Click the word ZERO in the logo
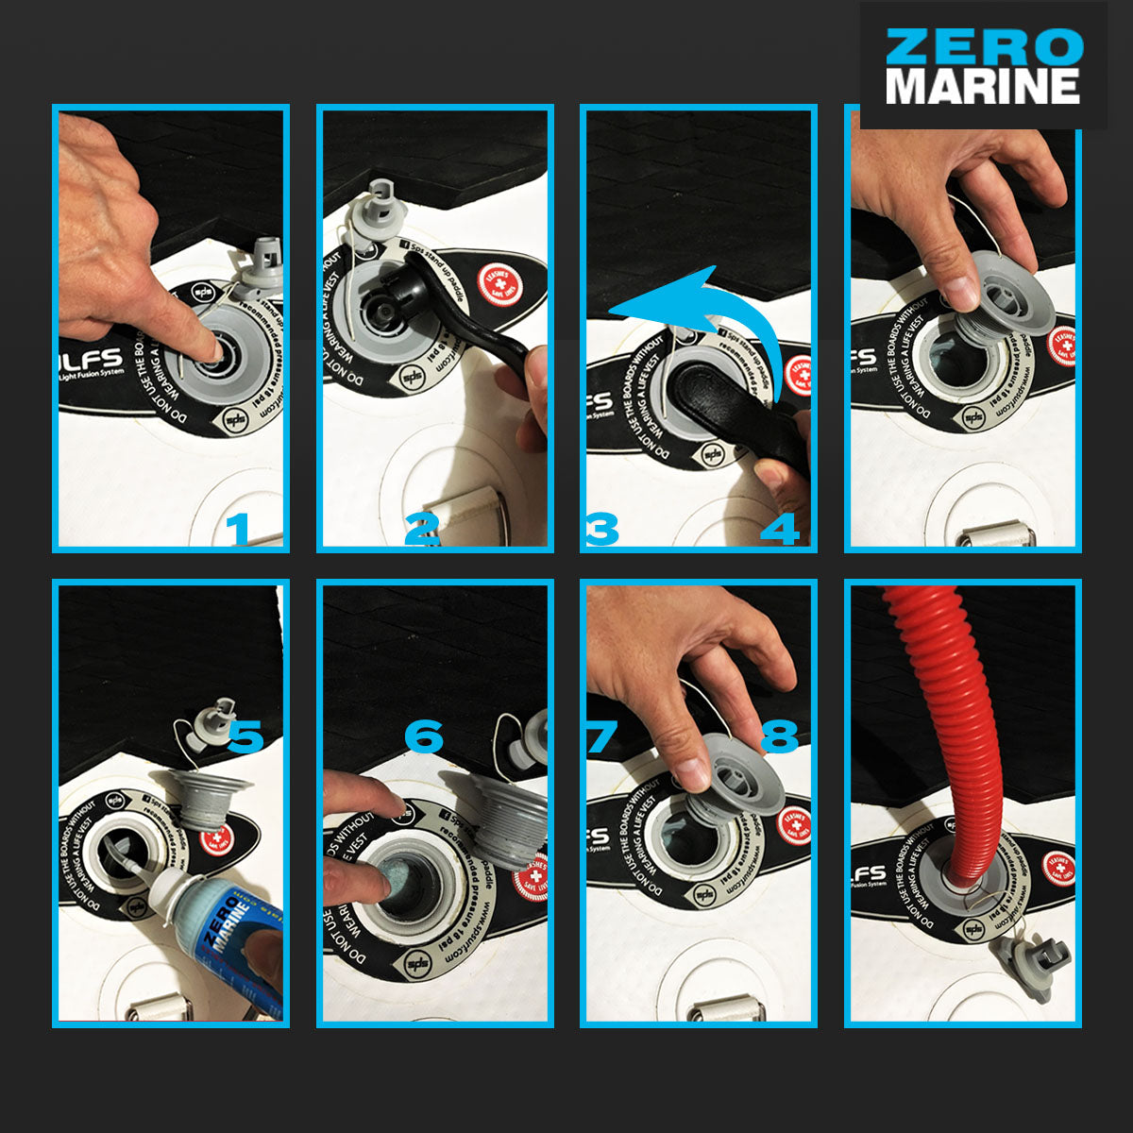point(983,46)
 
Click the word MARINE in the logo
point(983,86)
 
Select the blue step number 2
point(421,530)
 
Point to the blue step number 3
point(601,530)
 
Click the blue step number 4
point(780,530)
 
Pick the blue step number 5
point(245,736)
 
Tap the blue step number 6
point(424,736)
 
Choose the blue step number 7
point(601,736)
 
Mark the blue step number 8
point(780,736)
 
